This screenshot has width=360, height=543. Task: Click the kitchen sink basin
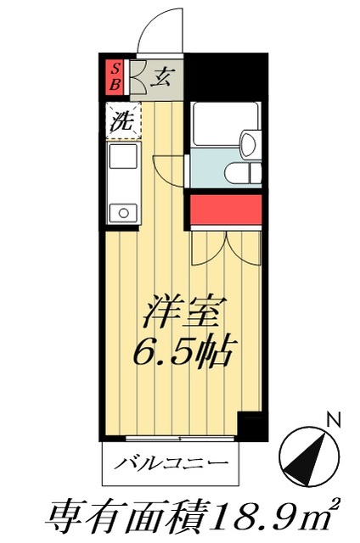[122, 159]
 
